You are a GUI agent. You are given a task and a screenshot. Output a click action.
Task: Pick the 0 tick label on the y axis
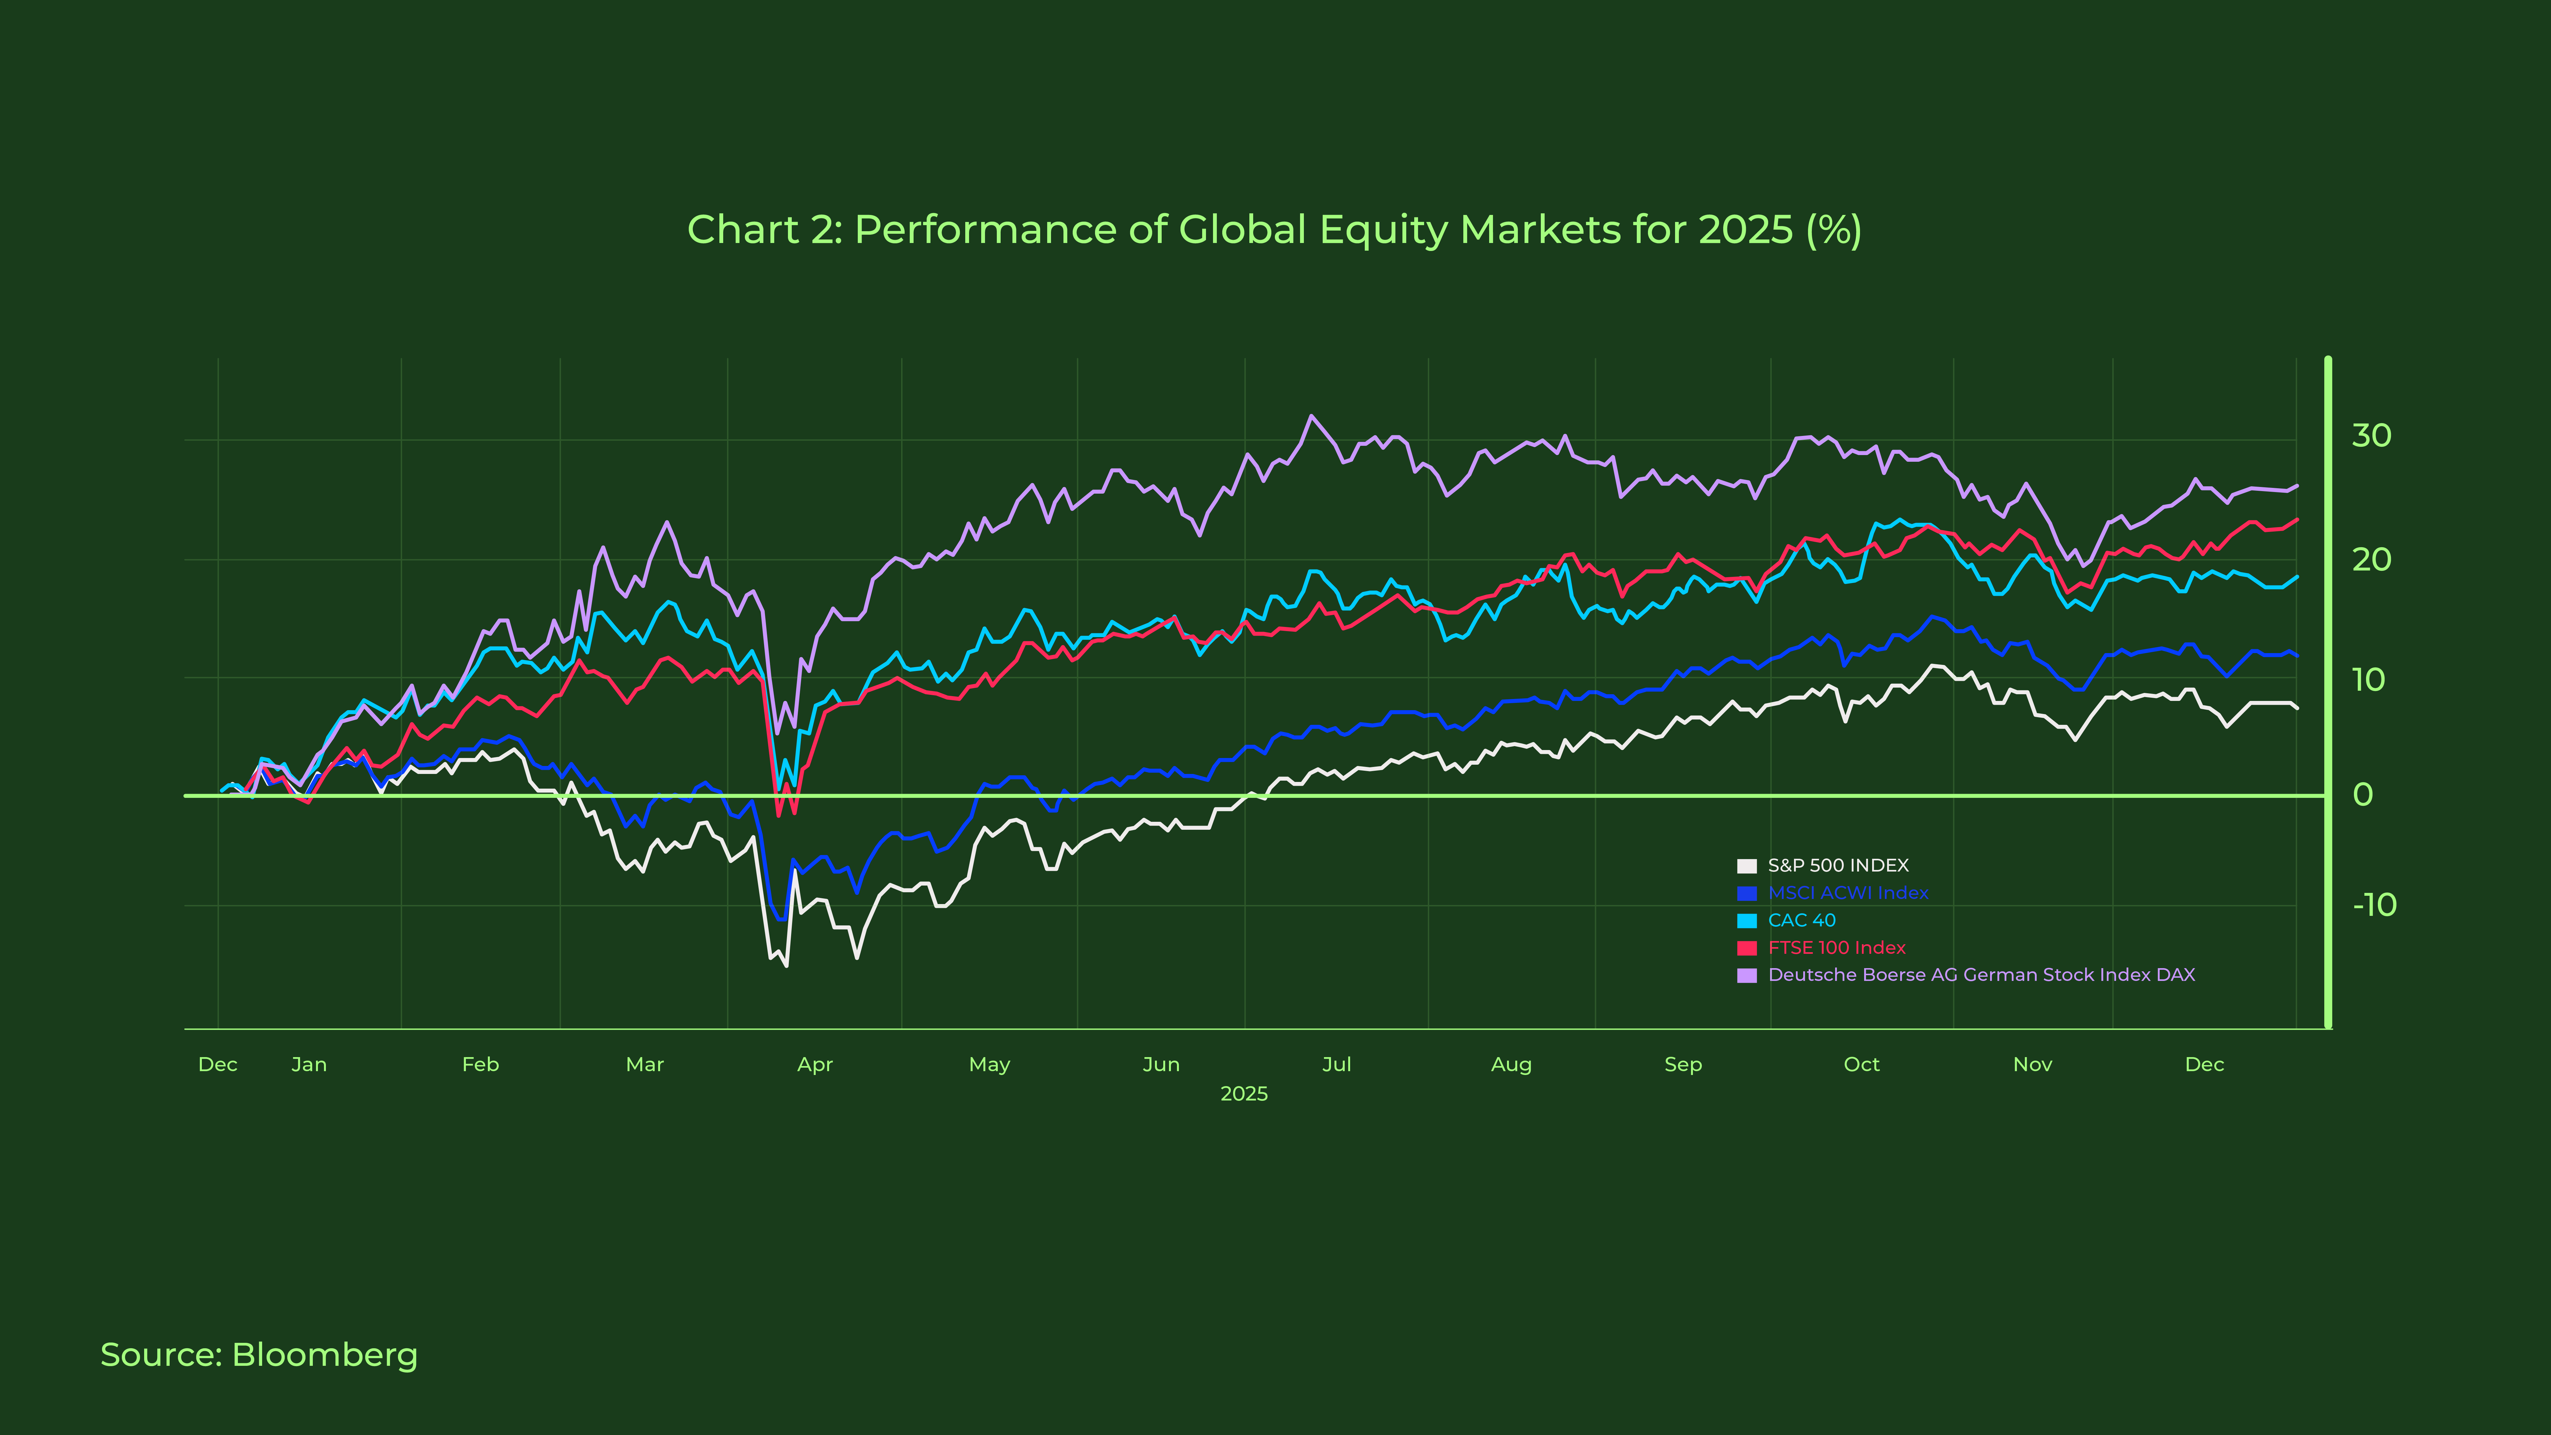[x=2363, y=794]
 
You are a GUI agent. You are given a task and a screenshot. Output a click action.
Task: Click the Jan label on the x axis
[x=309, y=1065]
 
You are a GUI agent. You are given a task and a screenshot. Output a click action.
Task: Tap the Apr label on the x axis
[x=815, y=1065]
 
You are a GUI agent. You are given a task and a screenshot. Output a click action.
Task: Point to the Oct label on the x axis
[x=1861, y=1065]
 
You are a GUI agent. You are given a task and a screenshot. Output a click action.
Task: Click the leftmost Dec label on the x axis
[x=218, y=1065]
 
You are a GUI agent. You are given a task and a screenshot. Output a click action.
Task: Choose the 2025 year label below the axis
[x=1244, y=1093]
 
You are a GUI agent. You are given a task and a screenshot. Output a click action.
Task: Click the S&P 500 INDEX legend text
[x=1838, y=865]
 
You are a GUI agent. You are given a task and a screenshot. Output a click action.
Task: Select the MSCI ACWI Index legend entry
[x=1848, y=893]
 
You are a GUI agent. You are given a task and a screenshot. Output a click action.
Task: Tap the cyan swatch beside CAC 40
[x=1747, y=921]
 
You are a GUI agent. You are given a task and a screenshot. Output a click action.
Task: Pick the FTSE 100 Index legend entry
[x=1836, y=948]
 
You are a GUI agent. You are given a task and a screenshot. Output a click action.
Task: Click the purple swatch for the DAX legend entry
[x=1747, y=975]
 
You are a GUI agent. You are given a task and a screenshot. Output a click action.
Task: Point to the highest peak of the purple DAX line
[x=1311, y=416]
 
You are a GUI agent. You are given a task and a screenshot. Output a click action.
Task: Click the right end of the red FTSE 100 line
[x=2297, y=520]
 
